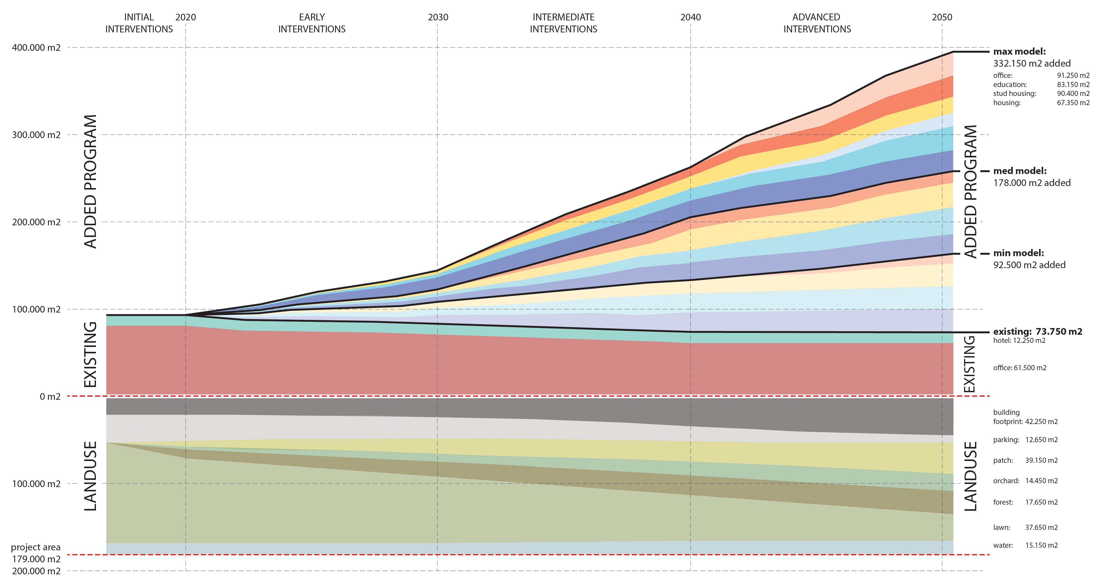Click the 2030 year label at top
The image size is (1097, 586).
tap(438, 17)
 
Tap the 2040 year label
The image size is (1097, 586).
tap(690, 17)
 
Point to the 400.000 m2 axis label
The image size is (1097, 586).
tap(36, 47)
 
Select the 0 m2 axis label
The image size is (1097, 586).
tap(50, 396)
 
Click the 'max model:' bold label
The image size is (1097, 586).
tap(1019, 52)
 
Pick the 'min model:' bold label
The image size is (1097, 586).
tap(1019, 253)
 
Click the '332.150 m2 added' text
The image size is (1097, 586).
tap(1032, 64)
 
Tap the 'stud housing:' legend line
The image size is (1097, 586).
tap(1014, 93)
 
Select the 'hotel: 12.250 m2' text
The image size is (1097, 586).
tap(1019, 340)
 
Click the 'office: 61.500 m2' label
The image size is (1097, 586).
tap(1019, 368)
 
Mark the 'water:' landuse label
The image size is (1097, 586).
tap(1003, 545)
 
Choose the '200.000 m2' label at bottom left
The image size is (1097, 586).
tap(36, 571)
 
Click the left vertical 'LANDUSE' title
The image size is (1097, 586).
tap(90, 476)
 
